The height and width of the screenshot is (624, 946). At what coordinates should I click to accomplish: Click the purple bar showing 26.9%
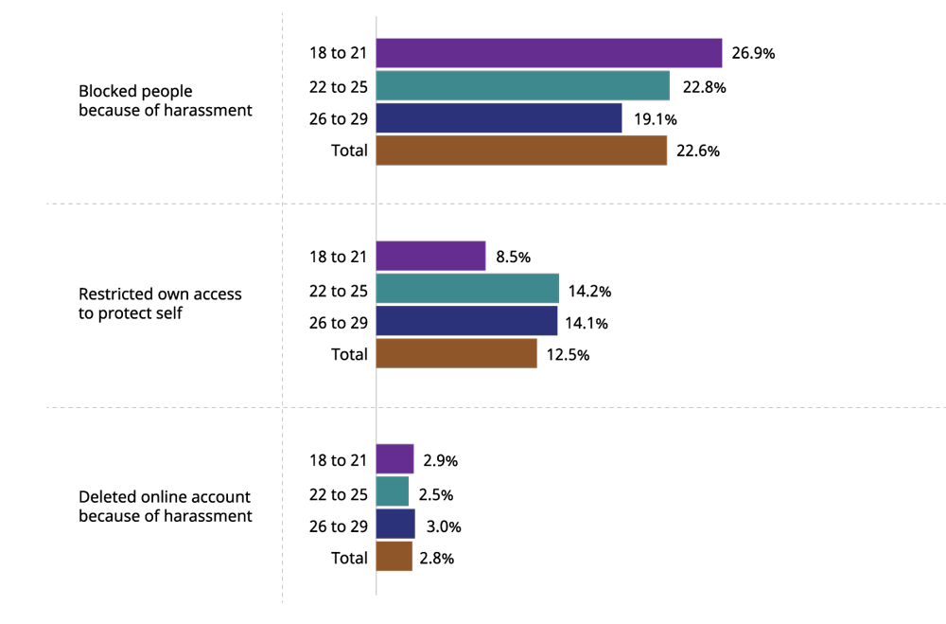point(549,53)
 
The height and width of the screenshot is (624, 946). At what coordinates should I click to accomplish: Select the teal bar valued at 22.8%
point(522,86)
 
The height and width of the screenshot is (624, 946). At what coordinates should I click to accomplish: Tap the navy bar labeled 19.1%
point(499,118)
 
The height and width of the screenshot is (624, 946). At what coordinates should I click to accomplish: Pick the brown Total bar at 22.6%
point(521,151)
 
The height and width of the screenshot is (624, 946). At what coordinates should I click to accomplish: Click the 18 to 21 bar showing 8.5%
point(430,257)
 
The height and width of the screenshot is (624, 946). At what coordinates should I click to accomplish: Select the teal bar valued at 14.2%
point(467,289)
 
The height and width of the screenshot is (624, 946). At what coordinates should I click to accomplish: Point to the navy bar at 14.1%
point(466,321)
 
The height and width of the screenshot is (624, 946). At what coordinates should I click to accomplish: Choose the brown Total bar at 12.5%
point(456,353)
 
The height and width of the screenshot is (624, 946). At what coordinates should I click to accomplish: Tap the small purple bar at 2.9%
point(394,459)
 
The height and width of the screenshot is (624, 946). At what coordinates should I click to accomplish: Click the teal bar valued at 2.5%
point(393,492)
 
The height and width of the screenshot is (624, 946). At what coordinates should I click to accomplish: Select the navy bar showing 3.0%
point(395,525)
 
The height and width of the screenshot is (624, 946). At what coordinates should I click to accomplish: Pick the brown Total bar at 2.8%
point(394,557)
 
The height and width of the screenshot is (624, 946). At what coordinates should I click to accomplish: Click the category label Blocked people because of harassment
point(165,100)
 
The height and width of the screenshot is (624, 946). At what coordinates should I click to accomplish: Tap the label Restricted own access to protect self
point(160,303)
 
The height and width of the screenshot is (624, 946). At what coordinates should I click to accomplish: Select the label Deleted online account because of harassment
point(165,507)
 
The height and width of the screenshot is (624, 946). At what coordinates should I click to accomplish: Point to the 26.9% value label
point(753,54)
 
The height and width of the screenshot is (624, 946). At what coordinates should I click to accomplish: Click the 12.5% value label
point(568,354)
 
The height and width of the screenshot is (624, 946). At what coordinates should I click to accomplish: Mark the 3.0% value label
point(441,526)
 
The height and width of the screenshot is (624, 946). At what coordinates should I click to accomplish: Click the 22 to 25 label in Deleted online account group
point(338,493)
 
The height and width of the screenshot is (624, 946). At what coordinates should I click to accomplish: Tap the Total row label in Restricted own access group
point(349,354)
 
